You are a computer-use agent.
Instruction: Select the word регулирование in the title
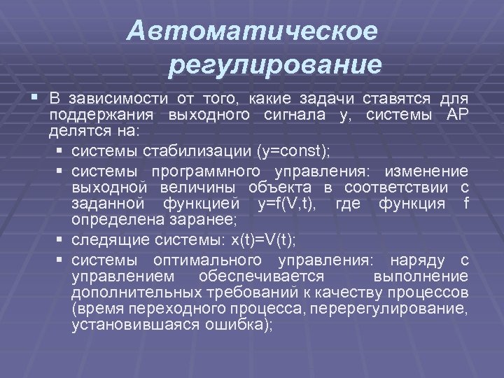tap(275, 66)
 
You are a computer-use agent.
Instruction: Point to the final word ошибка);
tap(244, 325)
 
